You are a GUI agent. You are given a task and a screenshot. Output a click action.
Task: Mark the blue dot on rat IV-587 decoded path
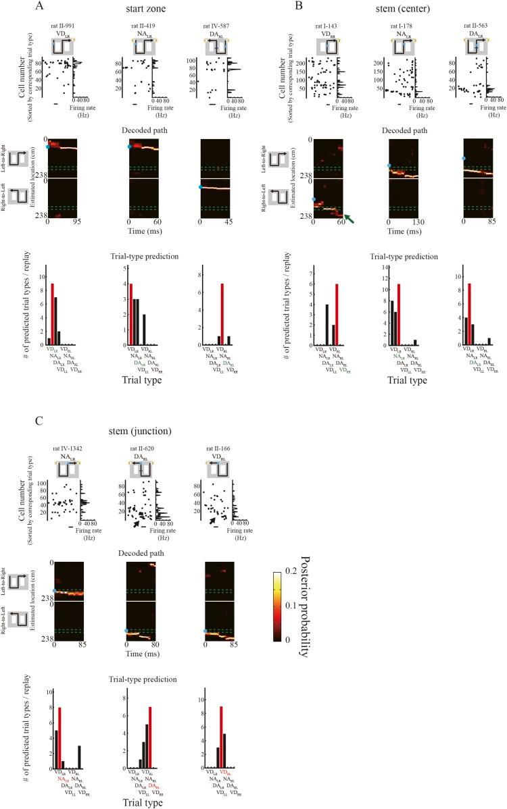click(200, 187)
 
